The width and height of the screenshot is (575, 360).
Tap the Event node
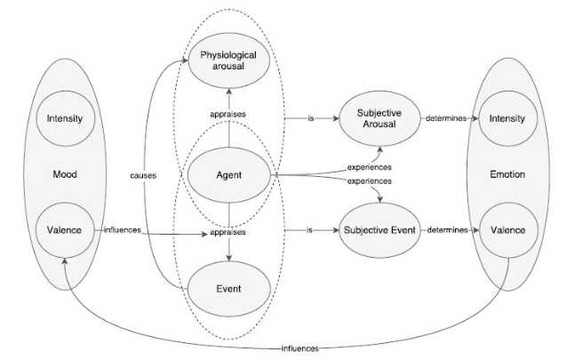229,288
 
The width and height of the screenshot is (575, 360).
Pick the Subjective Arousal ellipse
379,118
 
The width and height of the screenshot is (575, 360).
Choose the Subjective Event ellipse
379,230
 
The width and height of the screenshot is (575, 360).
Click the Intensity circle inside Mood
66,118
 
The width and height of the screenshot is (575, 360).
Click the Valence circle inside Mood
66,230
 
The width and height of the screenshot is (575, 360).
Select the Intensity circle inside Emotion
507,118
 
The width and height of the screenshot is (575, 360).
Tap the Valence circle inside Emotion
507,230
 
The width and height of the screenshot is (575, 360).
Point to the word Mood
66,175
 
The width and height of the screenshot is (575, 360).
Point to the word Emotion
507,175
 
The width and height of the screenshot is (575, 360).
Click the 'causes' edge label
142,175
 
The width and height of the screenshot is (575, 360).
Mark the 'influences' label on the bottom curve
299,348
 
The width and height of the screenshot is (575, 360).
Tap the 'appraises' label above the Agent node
229,115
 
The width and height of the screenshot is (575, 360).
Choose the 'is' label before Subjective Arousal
310,118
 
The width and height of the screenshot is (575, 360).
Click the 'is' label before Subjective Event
310,230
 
